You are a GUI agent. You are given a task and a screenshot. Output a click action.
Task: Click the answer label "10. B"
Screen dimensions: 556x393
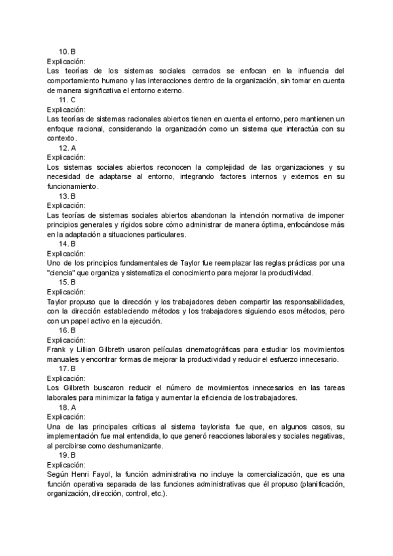coord(67,51)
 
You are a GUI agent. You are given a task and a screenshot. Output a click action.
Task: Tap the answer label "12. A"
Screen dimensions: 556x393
coord(67,148)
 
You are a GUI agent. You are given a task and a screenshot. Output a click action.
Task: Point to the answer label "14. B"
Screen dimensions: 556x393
coord(67,244)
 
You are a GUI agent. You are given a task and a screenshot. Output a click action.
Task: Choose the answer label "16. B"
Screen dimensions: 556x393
coord(67,330)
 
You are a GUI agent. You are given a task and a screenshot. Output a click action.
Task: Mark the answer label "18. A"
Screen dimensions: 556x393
coord(67,408)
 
